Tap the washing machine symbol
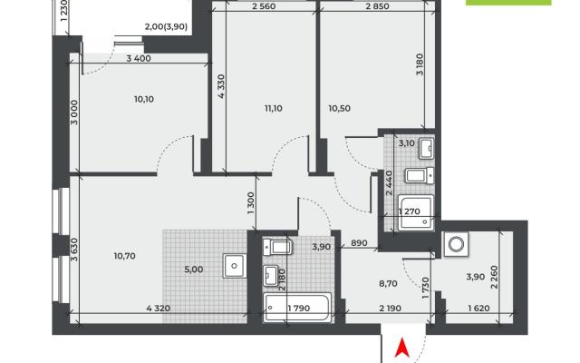[456, 244]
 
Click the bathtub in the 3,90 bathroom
[297, 308]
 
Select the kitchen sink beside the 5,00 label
[234, 266]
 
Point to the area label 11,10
[274, 109]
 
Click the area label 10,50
[339, 109]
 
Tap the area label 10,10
[144, 99]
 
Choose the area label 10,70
[125, 256]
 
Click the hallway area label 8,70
[388, 284]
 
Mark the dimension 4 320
[159, 309]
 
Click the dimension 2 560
[264, 6]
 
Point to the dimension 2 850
[377, 6]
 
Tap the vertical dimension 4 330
[221, 86]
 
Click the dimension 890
[359, 243]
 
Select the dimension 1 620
[478, 309]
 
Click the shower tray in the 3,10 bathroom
[416, 213]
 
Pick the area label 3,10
[407, 143]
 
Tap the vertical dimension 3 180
[420, 64]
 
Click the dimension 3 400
[139, 58]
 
